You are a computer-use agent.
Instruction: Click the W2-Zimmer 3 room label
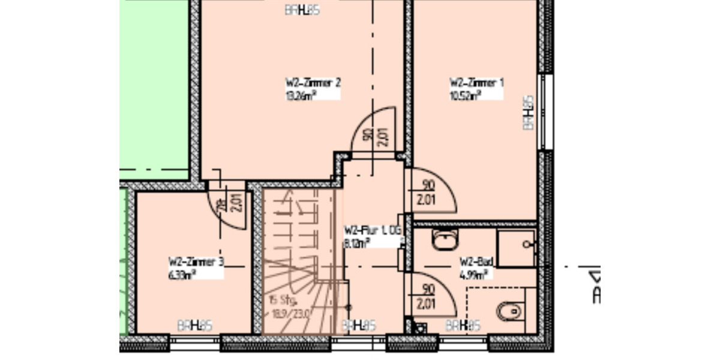[197, 262]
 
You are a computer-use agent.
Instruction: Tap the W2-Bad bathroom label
[476, 262]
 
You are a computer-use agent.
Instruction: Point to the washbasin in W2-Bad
[445, 241]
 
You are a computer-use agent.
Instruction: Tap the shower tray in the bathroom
[516, 247]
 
